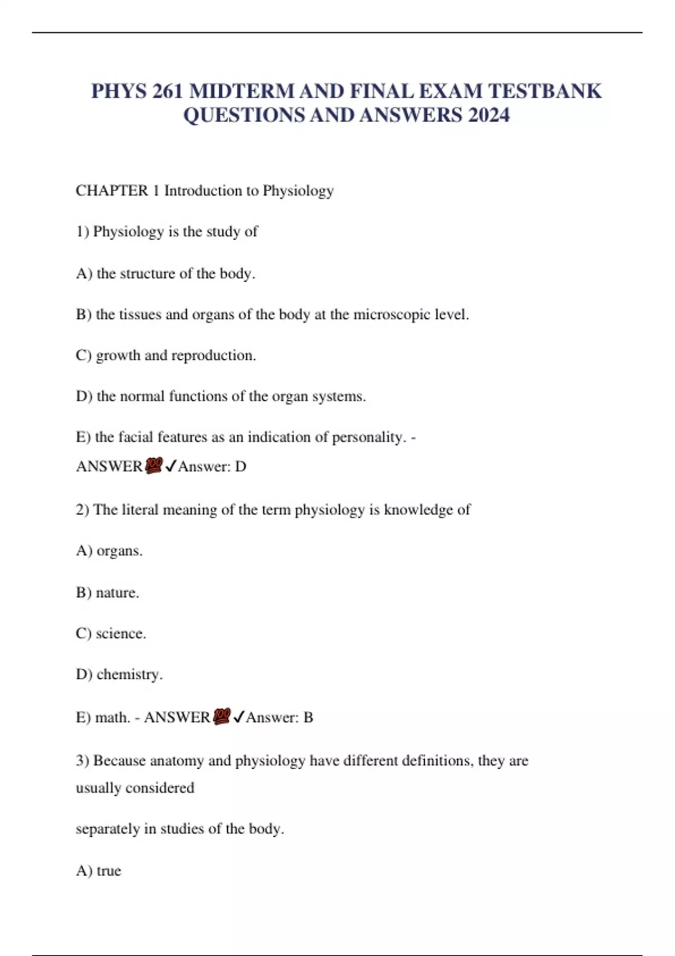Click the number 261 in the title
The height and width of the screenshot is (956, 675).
[166, 91]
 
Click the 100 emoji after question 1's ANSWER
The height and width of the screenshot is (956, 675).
[154, 466]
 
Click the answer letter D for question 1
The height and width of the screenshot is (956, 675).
[240, 467]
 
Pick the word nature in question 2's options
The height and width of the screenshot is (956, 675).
[117, 593]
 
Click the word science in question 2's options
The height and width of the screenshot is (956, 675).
[120, 634]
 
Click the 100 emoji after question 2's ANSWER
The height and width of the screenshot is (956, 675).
[222, 716]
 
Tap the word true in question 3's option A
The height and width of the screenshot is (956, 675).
[109, 871]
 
